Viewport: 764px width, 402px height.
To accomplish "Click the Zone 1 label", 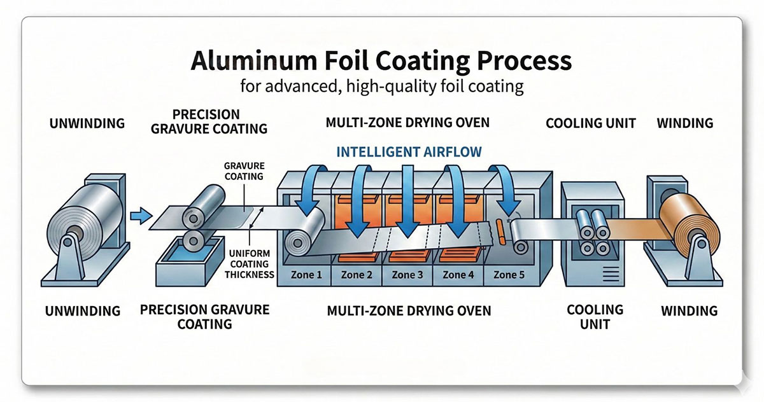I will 305,275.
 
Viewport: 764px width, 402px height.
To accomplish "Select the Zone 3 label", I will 407,275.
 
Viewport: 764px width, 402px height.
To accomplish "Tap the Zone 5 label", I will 510,275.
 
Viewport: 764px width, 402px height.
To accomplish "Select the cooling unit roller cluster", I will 590,232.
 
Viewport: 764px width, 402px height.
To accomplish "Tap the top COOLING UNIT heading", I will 590,123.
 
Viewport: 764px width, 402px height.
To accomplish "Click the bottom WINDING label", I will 689,311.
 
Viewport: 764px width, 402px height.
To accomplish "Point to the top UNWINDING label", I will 87,123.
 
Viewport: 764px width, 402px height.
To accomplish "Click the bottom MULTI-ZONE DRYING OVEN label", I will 409,311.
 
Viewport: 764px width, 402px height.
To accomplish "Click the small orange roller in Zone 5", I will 499,232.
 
